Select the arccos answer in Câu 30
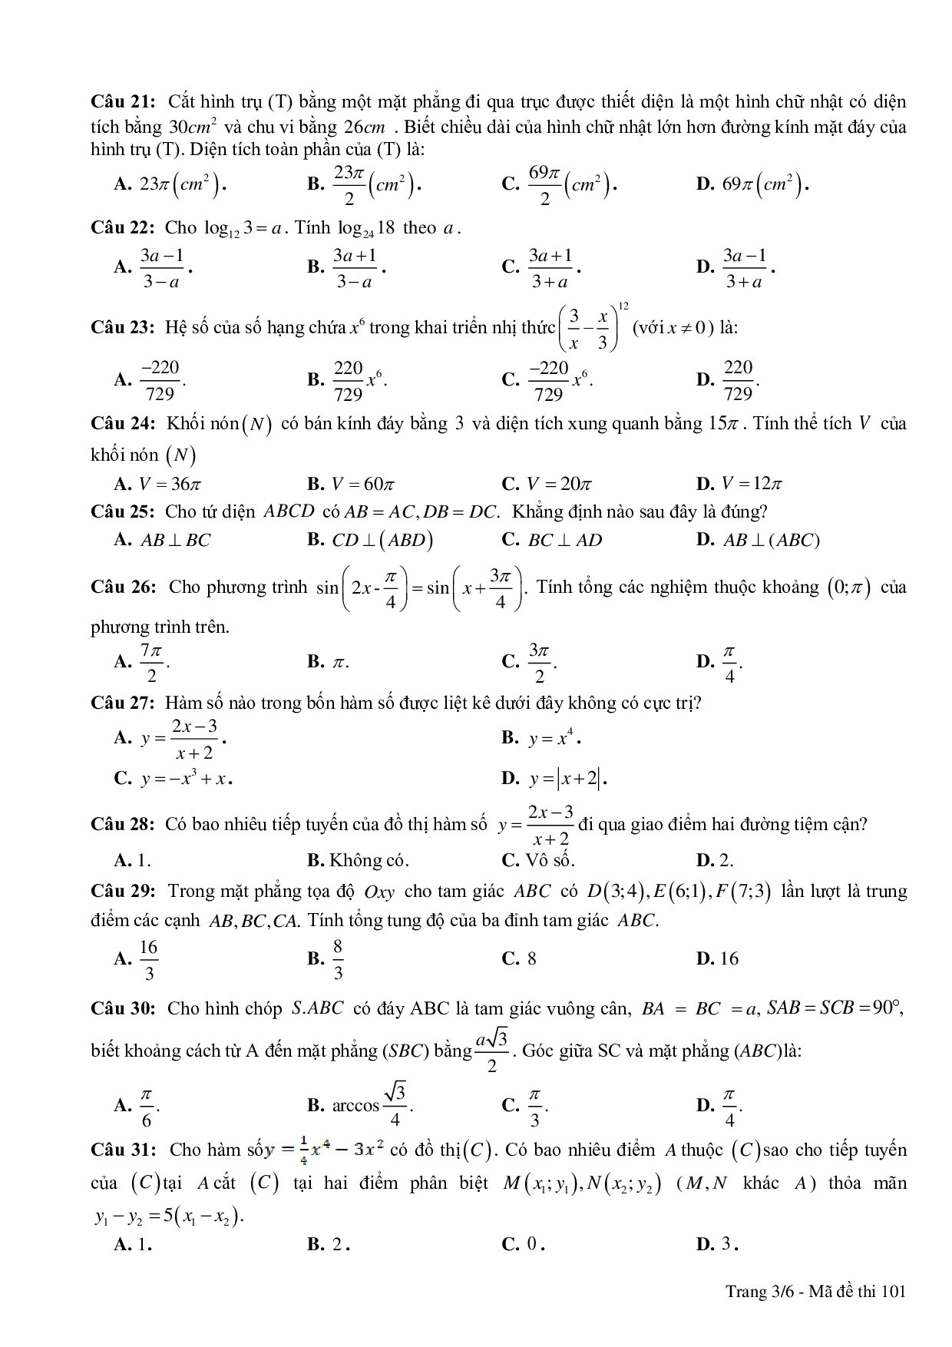coord(372,1105)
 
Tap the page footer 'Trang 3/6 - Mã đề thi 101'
coord(816,1291)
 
